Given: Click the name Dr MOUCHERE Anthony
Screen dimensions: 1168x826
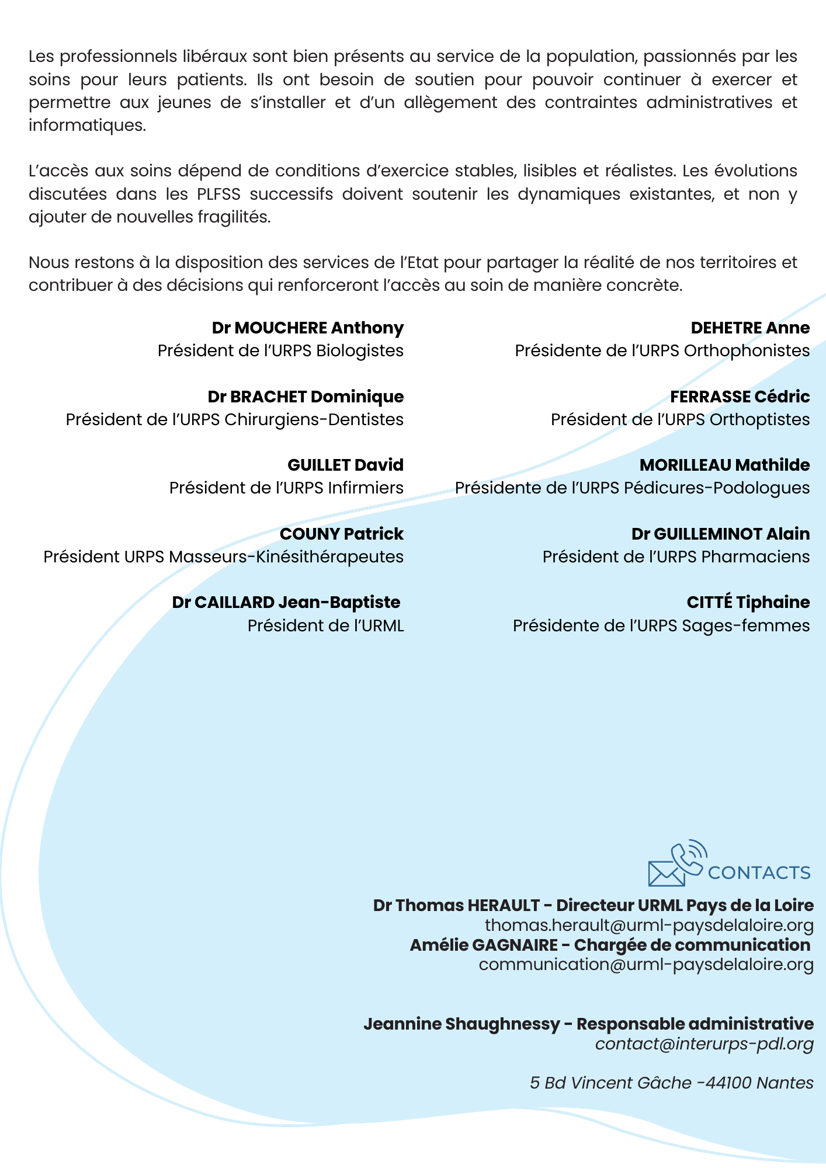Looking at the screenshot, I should tap(307, 328).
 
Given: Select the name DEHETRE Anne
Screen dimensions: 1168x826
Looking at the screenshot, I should tap(750, 328).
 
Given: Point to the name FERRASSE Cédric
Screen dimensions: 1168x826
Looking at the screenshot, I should tap(740, 397).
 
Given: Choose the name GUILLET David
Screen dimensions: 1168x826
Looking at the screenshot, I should tap(345, 465).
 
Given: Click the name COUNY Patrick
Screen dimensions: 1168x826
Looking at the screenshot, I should tap(341, 534).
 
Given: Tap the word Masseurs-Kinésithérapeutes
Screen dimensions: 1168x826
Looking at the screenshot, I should tap(286, 557).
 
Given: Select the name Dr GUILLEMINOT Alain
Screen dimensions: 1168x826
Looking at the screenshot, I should tap(720, 534).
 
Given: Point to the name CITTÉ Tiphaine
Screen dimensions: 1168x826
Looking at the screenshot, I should tap(748, 603).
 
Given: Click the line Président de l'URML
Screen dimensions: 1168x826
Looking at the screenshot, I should tap(325, 626).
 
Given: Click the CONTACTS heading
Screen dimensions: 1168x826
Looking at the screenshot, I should tap(759, 873).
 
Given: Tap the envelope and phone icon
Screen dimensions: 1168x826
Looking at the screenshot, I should tap(676, 863).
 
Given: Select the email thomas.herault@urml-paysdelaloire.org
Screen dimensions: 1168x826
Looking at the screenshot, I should tap(649, 926).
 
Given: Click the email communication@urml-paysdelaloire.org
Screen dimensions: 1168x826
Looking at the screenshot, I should tap(646, 965).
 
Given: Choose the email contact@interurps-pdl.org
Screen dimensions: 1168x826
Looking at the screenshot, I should tap(704, 1044).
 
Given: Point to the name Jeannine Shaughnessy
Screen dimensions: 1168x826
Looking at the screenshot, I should tap(461, 1024).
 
